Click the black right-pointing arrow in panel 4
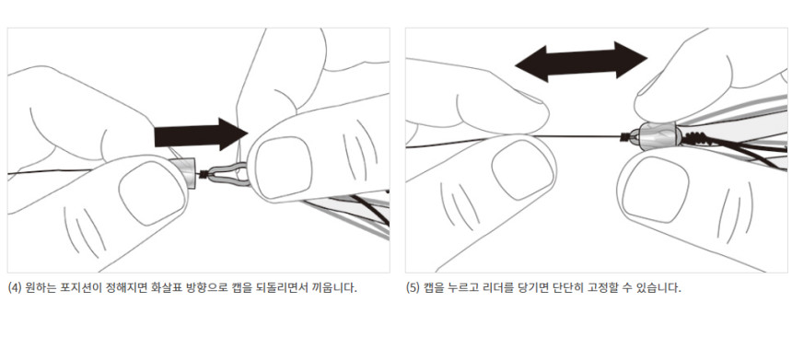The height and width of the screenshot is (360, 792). click(201, 134)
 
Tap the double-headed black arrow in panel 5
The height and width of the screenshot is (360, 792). click(581, 62)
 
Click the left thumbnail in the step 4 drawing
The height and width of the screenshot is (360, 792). click(152, 193)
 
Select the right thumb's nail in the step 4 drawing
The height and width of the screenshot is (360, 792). click(284, 168)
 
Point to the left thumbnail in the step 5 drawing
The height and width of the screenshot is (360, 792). click(523, 169)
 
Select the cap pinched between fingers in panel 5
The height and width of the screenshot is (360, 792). click(658, 135)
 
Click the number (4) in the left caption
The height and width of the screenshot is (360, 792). click(15, 289)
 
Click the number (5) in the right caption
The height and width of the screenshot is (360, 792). click(413, 289)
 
